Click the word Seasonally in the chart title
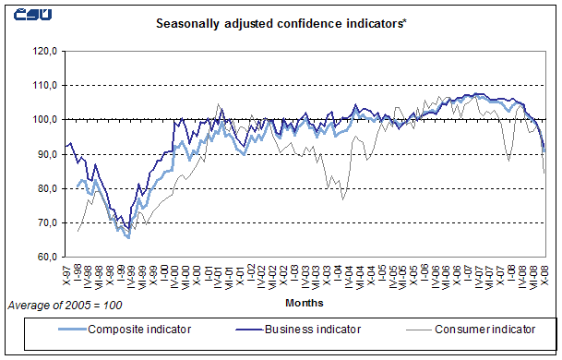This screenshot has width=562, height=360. coord(188,23)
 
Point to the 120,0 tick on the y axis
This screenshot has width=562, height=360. coord(45,51)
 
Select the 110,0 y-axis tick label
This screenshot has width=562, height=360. coord(45,85)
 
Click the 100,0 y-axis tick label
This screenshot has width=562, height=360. coord(45,119)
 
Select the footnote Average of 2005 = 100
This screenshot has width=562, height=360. coord(65,305)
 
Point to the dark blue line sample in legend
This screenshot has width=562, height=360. coord(244,327)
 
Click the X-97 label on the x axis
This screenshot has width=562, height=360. coord(66,270)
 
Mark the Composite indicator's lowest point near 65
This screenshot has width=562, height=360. coord(127,237)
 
